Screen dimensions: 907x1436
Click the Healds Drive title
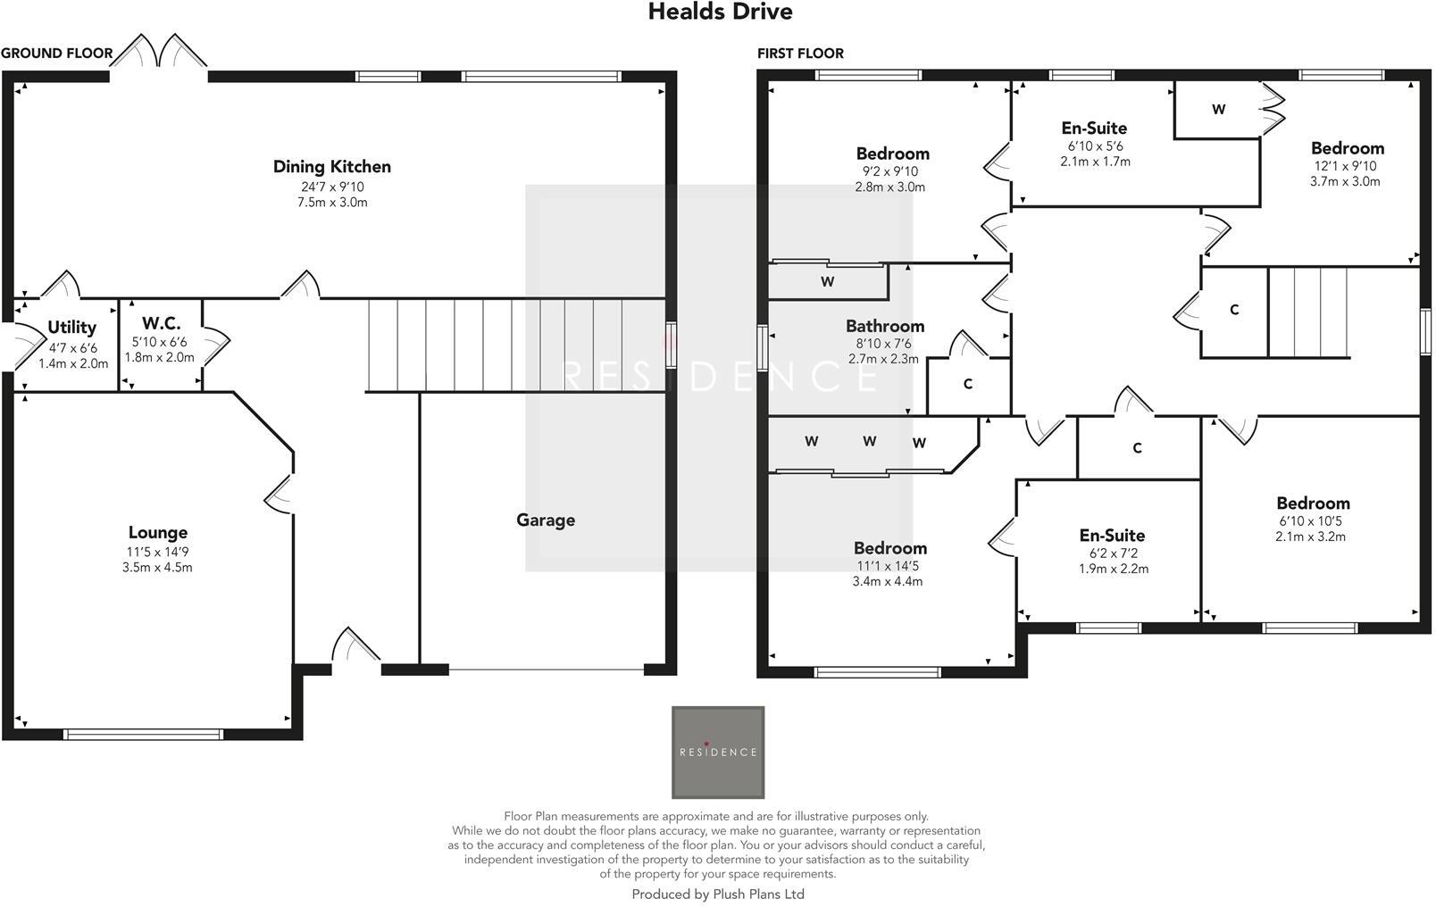click(720, 12)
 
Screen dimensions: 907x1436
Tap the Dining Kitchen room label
click(331, 167)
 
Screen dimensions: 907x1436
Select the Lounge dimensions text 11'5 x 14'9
click(157, 553)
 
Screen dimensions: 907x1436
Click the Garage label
click(545, 520)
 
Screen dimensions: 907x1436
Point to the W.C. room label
click(161, 324)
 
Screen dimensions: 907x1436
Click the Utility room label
click(71, 328)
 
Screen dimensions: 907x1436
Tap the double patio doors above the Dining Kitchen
click(159, 54)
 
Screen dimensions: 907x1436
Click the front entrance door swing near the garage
click(355, 645)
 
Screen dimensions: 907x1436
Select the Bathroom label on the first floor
click(884, 326)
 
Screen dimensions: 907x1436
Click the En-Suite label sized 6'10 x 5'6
click(1094, 129)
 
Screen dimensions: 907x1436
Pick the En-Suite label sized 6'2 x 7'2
click(1112, 536)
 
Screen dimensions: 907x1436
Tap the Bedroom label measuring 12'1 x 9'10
click(1347, 148)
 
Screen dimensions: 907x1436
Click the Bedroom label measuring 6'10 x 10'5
click(1312, 503)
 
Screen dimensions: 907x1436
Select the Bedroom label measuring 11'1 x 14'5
click(889, 548)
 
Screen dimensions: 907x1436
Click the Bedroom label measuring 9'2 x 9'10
click(891, 154)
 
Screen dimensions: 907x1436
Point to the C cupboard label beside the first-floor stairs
click(1233, 310)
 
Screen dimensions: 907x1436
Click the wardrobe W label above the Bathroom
click(827, 282)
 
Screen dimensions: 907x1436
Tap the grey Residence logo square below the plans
click(718, 752)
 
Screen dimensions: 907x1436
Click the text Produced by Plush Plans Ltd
click(718, 894)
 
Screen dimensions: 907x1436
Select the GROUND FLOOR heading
click(56, 54)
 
